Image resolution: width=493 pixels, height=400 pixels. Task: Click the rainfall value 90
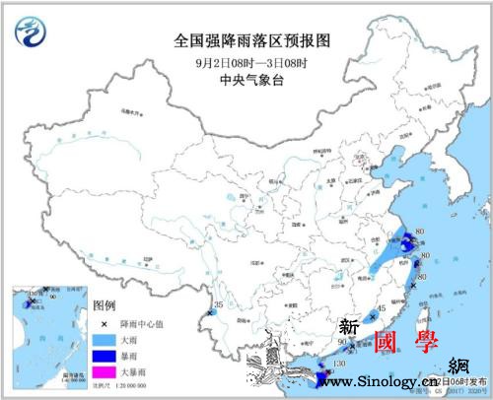(342, 342)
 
